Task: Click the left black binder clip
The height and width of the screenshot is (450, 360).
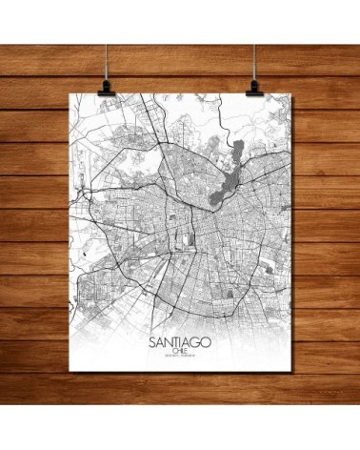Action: click(x=101, y=87)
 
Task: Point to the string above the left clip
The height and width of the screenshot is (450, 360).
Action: click(x=100, y=38)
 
